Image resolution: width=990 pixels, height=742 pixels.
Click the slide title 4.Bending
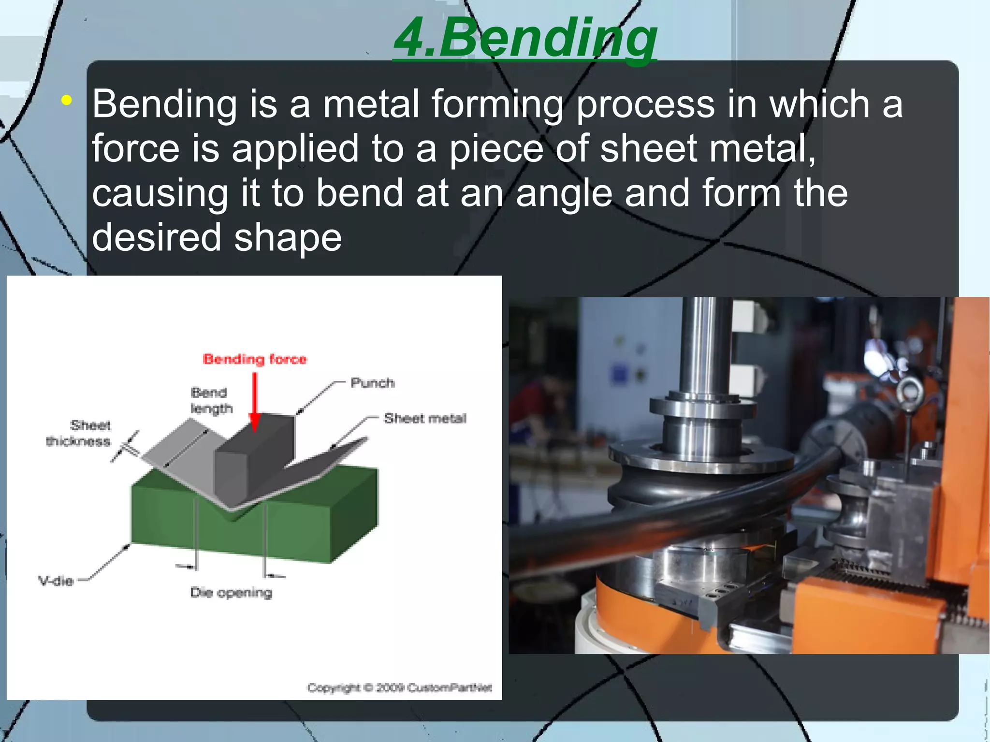tap(525, 38)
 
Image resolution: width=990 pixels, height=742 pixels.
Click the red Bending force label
tap(255, 359)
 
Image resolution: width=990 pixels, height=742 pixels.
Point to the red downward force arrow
tap(255, 401)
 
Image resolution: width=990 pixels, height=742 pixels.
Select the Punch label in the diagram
tap(372, 383)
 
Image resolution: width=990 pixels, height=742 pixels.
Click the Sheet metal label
tap(425, 418)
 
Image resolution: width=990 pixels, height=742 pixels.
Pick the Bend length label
tap(211, 400)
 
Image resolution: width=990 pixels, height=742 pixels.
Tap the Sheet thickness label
tap(79, 434)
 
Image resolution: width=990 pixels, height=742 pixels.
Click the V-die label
tap(56, 581)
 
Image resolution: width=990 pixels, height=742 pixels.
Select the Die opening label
tap(231, 593)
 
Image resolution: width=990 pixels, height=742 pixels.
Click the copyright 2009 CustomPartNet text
tap(399, 688)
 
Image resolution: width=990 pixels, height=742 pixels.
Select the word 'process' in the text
tap(645, 103)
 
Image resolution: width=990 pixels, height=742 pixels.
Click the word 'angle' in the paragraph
tap(564, 193)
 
